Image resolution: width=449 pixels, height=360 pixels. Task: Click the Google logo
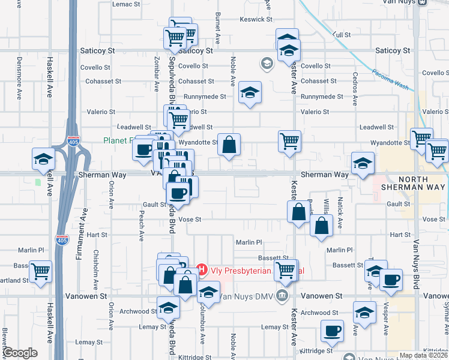tap(20, 353)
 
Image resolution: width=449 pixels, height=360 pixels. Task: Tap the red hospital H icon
tap(202, 270)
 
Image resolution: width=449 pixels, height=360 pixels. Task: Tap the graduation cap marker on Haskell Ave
tap(44, 159)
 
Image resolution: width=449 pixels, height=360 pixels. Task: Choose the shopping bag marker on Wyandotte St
tap(229, 145)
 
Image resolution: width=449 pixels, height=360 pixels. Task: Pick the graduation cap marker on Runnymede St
tap(250, 92)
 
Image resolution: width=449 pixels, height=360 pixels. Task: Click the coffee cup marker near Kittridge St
tap(332, 331)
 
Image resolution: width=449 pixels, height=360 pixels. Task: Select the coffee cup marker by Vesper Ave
tap(391, 280)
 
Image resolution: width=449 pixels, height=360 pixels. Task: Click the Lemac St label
tap(126, 4)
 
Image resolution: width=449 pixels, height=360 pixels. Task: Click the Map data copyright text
tap(423, 355)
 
